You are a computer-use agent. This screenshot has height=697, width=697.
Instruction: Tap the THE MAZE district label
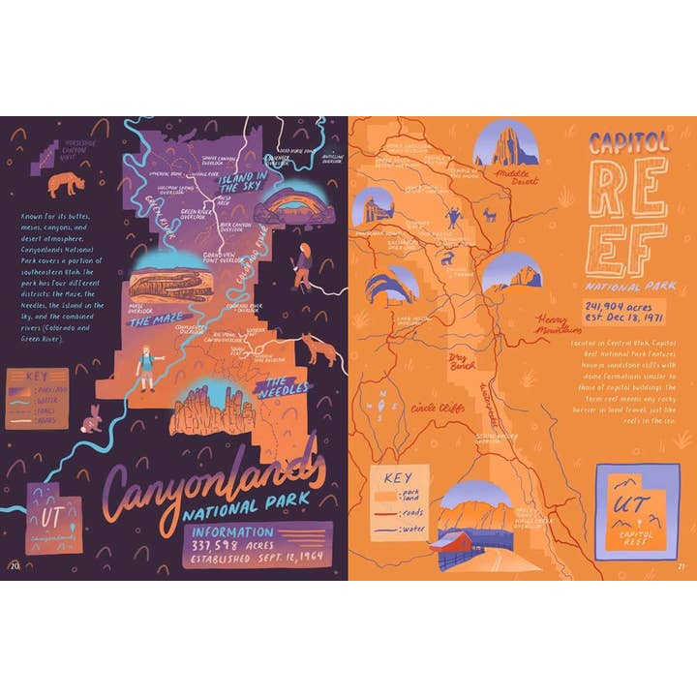click(154, 318)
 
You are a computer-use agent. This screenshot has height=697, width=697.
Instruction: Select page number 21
click(681, 566)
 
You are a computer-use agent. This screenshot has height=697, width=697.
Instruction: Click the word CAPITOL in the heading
click(629, 142)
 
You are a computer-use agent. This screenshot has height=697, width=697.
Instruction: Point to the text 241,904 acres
click(623, 307)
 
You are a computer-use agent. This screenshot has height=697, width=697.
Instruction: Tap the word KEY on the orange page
click(398, 477)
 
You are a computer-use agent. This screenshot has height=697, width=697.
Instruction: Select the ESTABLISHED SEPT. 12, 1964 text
click(257, 558)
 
